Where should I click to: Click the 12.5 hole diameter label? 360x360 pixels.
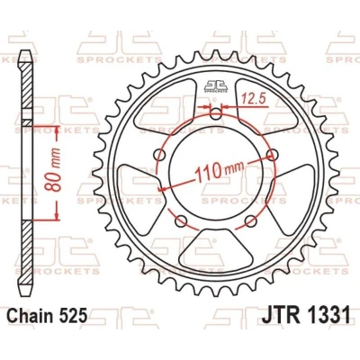pyautogui.click(x=255, y=99)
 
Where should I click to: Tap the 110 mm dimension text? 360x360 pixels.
pyautogui.click(x=219, y=172)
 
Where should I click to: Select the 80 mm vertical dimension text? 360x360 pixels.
pyautogui.click(x=53, y=169)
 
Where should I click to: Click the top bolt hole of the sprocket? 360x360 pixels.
pyautogui.click(x=215, y=114)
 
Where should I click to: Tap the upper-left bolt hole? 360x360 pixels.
pyautogui.click(x=160, y=156)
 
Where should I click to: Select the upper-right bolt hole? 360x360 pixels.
pyautogui.click(x=273, y=154)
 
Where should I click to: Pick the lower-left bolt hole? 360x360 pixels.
pyautogui.click(x=181, y=221)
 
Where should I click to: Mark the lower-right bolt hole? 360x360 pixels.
pyautogui.click(x=251, y=221)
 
